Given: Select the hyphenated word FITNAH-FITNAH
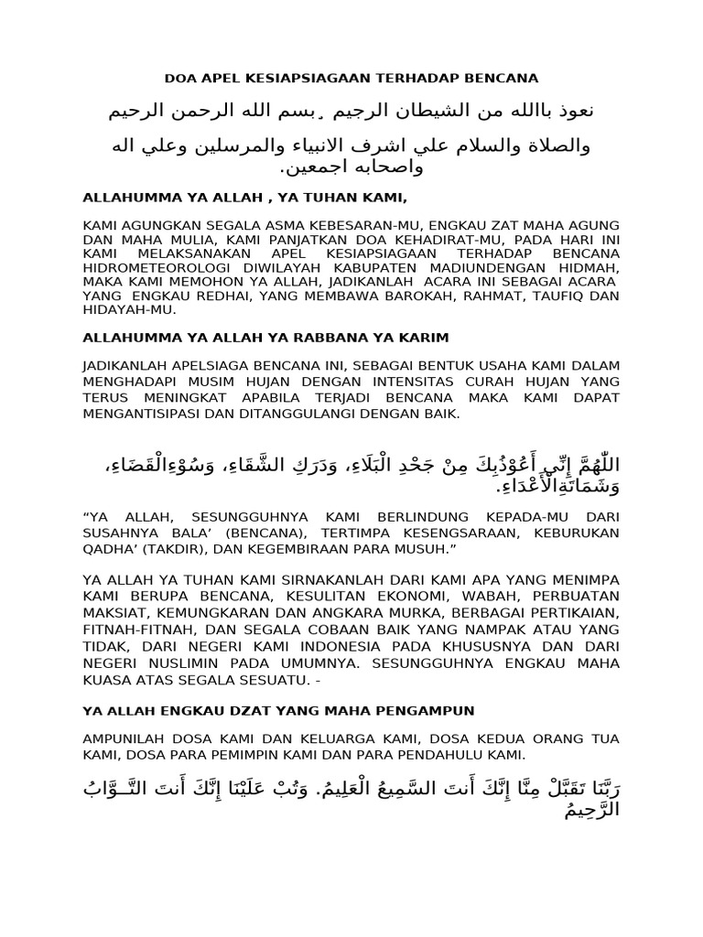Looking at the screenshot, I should (x=135, y=629).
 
